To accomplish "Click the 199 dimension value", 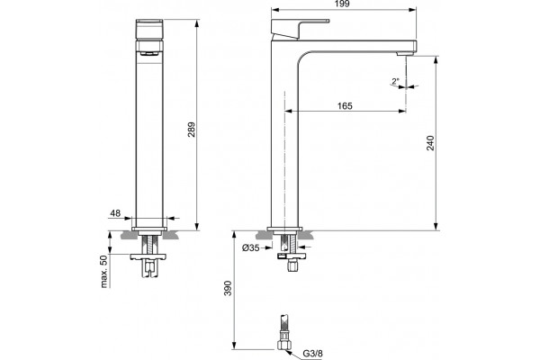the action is [x=342, y=4].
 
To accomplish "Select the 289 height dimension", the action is [x=192, y=130].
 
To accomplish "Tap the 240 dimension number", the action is [x=430, y=142].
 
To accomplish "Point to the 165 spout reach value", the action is [x=345, y=106].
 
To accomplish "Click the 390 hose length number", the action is [x=228, y=288].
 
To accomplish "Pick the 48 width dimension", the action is [x=115, y=213].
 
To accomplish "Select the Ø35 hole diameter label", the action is [x=251, y=247].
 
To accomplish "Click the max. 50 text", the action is [x=104, y=271].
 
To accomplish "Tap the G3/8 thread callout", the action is [x=312, y=354].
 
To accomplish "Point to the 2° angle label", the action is [x=395, y=82].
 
